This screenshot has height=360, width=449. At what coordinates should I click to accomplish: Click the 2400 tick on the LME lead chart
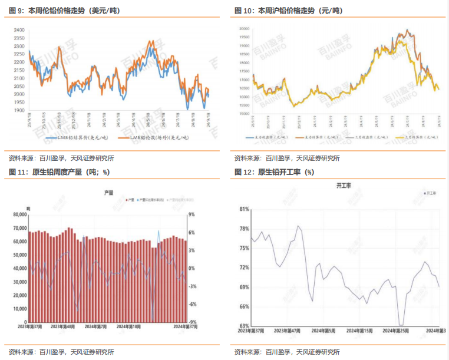18,30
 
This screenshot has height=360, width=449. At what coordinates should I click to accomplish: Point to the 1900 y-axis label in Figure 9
18,110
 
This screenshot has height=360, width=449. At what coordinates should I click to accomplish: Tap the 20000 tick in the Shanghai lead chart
245,28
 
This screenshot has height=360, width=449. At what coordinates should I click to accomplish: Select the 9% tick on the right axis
192,215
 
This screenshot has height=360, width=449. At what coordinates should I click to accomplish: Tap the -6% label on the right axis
192,305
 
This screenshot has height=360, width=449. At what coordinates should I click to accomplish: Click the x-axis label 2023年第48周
62,326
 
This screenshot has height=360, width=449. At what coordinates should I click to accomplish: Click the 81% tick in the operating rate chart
245,209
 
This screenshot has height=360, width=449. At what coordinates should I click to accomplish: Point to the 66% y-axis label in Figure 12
245,306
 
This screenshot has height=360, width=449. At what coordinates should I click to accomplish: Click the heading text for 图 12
274,172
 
